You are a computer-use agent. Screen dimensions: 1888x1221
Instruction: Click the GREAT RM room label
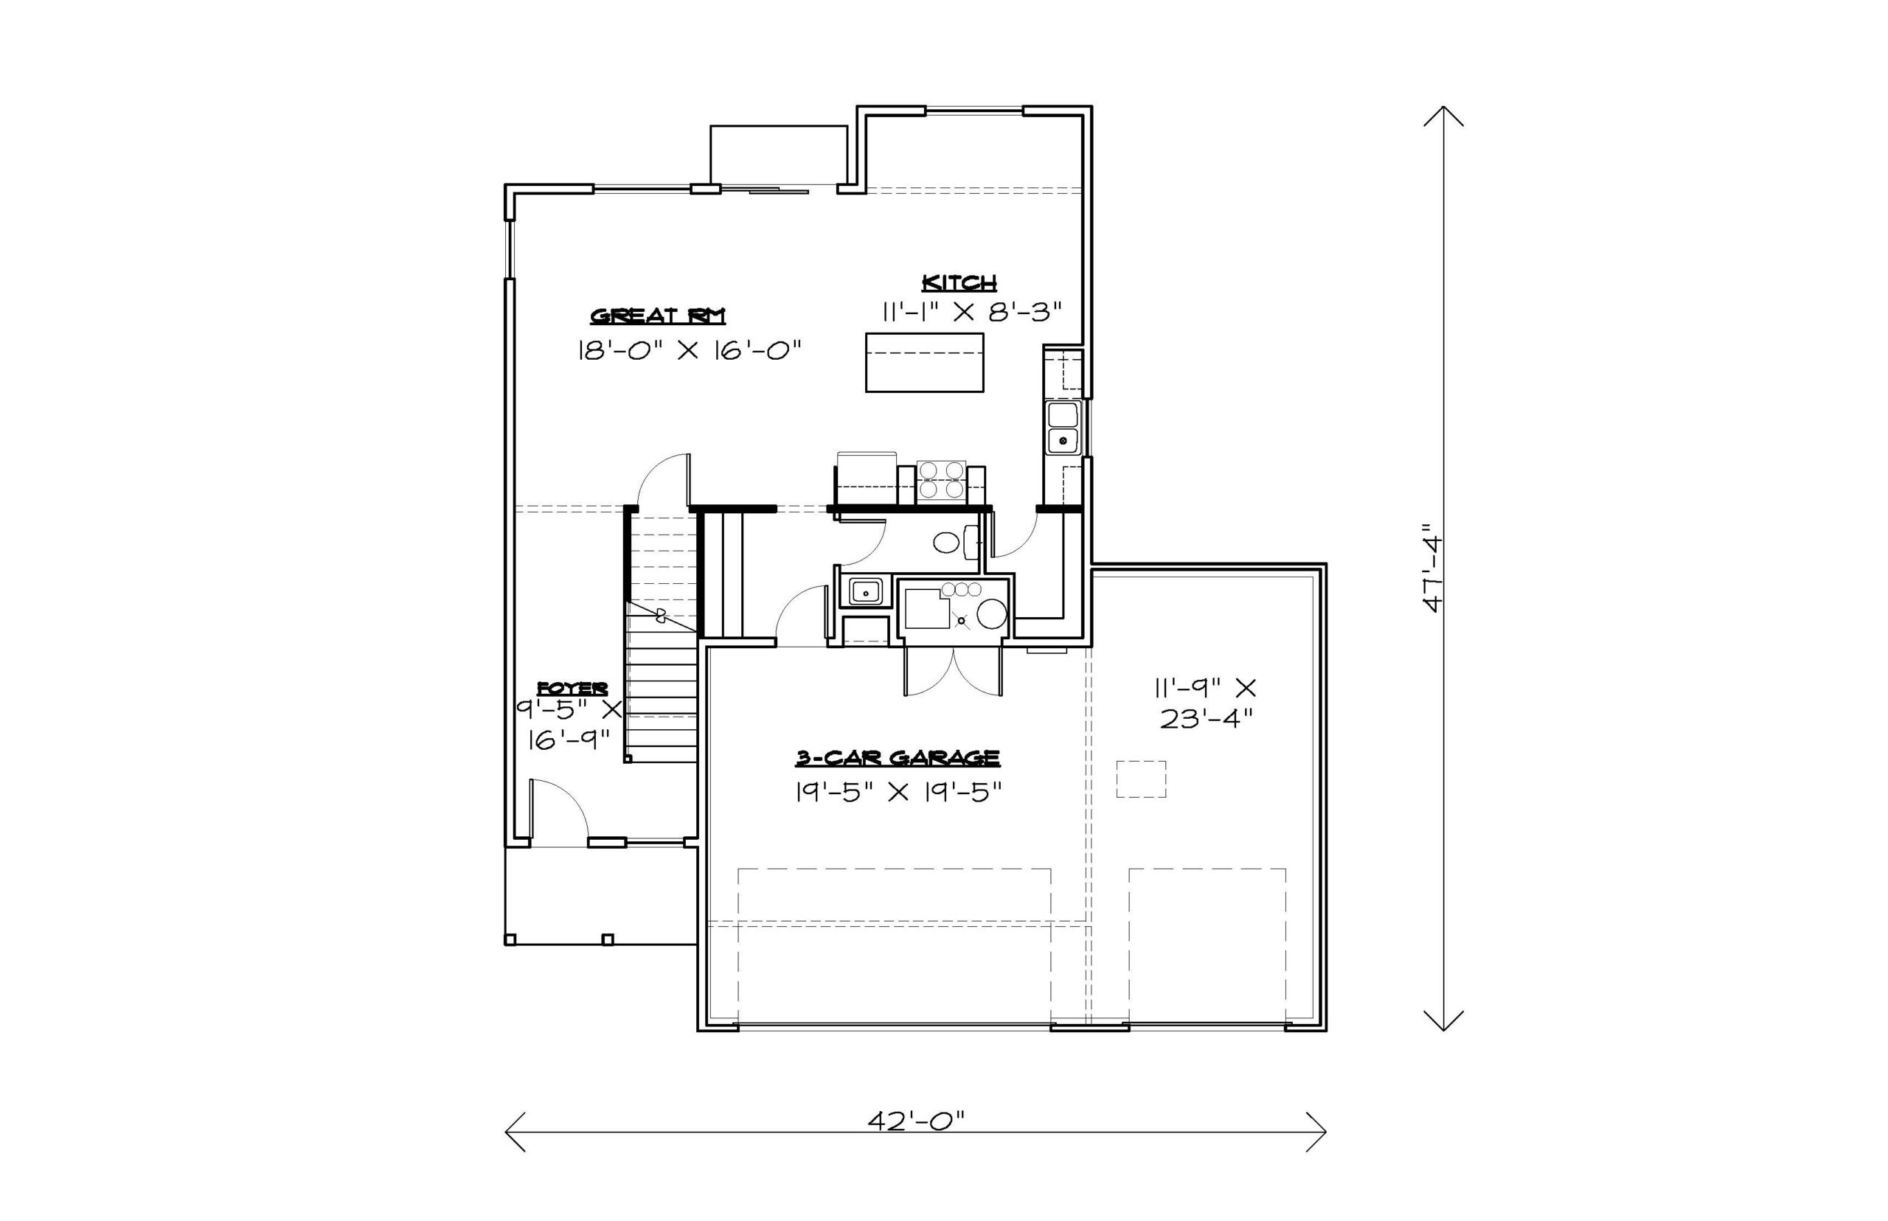(657, 316)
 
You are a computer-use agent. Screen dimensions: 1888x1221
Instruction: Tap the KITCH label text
(959, 282)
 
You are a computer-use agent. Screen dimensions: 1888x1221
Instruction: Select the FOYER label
(572, 687)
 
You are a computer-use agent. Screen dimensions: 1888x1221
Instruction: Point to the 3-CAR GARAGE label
(898, 758)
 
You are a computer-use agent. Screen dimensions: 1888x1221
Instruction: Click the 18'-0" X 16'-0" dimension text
(689, 350)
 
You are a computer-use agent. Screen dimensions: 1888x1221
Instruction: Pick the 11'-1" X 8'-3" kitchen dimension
(971, 313)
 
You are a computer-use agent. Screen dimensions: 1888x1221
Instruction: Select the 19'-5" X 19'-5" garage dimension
(899, 792)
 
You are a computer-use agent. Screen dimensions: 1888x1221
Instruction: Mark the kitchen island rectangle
(925, 362)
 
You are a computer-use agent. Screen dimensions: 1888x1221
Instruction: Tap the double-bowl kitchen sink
(1063, 428)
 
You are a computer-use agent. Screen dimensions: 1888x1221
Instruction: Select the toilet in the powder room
(957, 543)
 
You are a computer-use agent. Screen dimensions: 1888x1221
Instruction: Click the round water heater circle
(991, 613)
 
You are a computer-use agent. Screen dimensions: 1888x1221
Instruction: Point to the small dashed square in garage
(1141, 779)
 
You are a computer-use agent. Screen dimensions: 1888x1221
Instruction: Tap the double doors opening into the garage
(953, 671)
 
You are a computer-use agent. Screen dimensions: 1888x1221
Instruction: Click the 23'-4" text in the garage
(1206, 718)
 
